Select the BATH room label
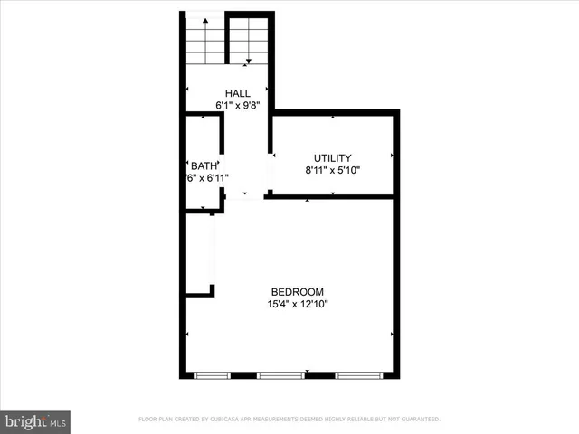pos(204,165)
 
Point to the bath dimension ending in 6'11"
pos(207,177)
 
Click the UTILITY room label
pos(332,157)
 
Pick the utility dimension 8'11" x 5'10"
pos(332,169)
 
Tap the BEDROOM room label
pos(297,291)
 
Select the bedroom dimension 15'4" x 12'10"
pos(297,304)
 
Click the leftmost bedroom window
pos(213,374)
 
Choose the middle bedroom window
pos(280,374)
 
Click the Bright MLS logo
pos(35,420)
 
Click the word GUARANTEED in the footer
pos(420,420)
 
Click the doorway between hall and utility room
pos(270,172)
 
